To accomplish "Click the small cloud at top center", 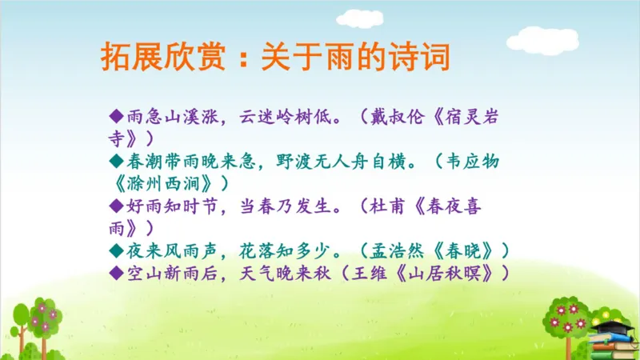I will [359, 18].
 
